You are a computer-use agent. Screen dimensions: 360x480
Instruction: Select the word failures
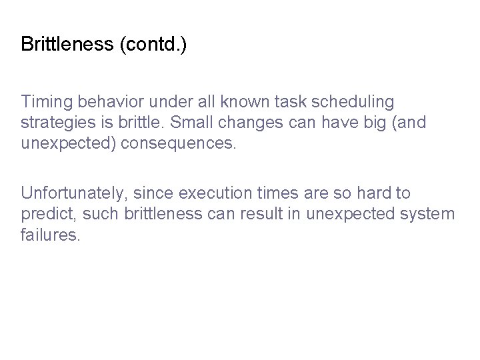point(51,235)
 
